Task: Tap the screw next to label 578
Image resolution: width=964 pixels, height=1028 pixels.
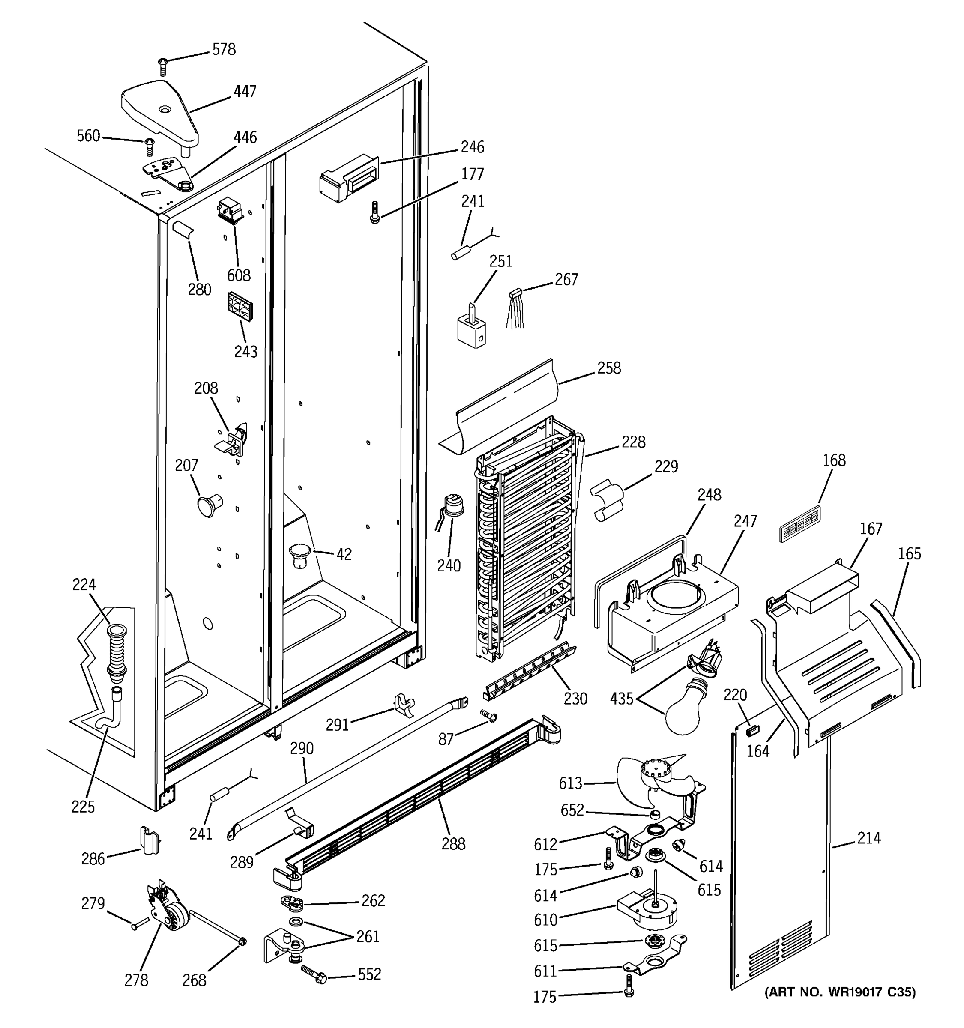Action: pyautogui.click(x=163, y=67)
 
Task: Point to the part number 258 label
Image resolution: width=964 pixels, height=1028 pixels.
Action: pyautogui.click(x=609, y=368)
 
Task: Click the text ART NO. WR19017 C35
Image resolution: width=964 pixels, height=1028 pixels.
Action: pyautogui.click(x=840, y=992)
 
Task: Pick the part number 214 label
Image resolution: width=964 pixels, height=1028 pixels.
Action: pyautogui.click(x=868, y=838)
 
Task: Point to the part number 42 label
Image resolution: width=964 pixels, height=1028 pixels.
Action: pyautogui.click(x=344, y=554)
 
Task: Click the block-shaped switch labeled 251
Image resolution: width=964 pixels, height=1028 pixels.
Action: pyautogui.click(x=472, y=329)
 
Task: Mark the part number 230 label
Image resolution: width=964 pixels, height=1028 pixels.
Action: pyautogui.click(x=575, y=699)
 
